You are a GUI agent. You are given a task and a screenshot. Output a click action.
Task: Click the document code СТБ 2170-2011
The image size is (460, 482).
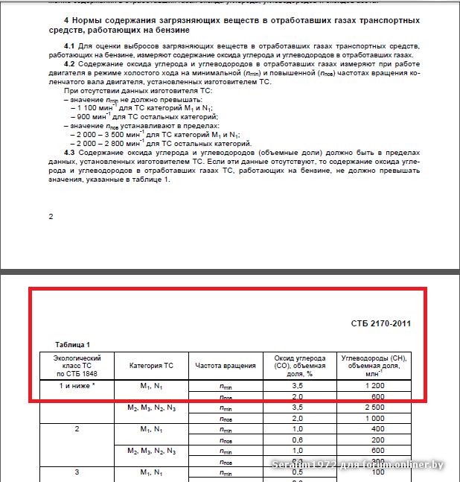380,323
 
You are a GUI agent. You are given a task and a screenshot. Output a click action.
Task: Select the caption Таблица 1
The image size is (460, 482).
73,344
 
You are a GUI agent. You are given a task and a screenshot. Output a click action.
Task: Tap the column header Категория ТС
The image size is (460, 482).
151,366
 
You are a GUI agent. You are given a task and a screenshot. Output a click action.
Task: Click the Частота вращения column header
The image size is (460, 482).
226,366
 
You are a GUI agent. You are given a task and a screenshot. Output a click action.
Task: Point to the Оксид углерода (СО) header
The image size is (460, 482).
298,366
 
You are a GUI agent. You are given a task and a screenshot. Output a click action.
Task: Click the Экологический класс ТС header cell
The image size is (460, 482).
77,366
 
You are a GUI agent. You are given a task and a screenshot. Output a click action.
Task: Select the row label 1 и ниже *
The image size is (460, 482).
77,387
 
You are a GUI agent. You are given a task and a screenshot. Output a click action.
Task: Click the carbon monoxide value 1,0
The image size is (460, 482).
298,429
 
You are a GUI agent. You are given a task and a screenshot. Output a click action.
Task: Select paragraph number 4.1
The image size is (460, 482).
71,47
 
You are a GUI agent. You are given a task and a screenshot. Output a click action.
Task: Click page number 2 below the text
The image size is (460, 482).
51,216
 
